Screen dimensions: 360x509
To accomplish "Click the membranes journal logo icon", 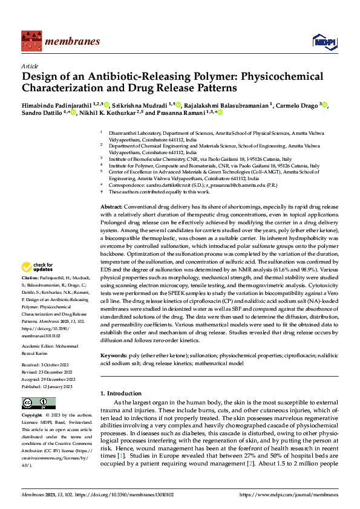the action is (x=31, y=41).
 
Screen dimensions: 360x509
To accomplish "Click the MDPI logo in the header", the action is (x=321, y=41).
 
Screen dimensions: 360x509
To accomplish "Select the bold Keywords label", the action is (x=113, y=357).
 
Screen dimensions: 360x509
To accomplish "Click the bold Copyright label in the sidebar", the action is (x=32, y=415).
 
